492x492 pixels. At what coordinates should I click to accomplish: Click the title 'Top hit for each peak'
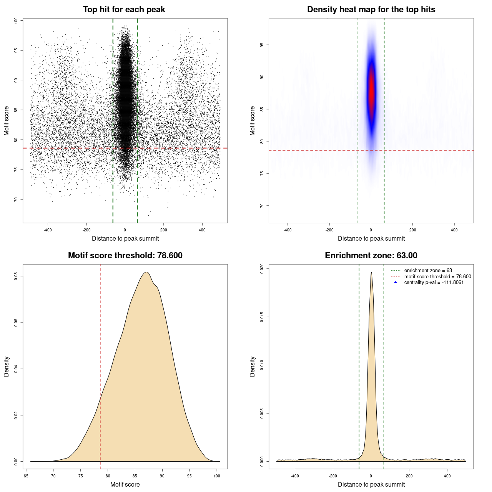click(124, 10)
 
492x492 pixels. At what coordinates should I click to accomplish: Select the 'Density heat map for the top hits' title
click(371, 10)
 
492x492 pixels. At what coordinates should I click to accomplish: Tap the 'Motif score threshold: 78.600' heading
click(125, 256)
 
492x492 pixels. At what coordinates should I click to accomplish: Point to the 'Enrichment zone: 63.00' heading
click(371, 256)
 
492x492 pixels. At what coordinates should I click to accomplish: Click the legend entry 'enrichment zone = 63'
click(428, 271)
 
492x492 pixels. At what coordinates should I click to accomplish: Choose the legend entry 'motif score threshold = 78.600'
click(437, 276)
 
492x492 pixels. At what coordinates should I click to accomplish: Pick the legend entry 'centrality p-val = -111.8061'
click(434, 283)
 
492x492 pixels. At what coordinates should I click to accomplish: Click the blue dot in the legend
click(396, 283)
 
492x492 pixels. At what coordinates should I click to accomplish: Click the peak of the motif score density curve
click(146, 272)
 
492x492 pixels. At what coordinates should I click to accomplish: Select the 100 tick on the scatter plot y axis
click(16, 21)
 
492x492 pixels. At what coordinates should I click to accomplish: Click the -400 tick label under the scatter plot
click(48, 230)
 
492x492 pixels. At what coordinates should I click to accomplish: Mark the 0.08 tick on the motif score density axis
click(16, 276)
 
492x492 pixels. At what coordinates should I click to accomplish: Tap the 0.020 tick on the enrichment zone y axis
click(262, 268)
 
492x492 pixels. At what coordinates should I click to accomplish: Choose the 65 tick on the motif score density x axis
click(26, 476)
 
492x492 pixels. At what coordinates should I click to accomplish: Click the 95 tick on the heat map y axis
click(262, 45)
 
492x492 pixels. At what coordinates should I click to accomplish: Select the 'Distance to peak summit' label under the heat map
click(371, 238)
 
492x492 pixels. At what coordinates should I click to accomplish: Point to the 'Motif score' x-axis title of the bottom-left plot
click(125, 484)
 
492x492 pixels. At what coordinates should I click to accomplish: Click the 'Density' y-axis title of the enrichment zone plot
click(253, 366)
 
